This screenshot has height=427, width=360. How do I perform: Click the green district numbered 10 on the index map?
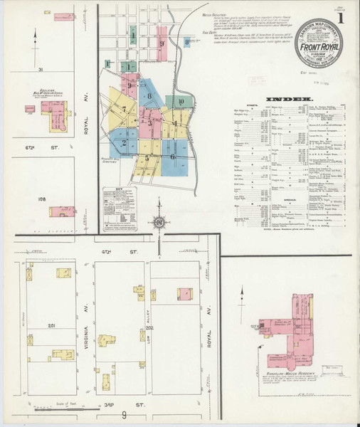point(182,102)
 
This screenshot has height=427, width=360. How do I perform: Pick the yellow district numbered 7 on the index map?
point(123,110)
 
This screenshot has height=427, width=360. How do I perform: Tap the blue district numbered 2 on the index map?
point(124,142)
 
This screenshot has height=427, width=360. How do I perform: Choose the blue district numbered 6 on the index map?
point(172,155)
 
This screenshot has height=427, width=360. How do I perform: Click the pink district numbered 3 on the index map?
point(150,122)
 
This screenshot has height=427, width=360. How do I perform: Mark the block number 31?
point(41,69)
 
